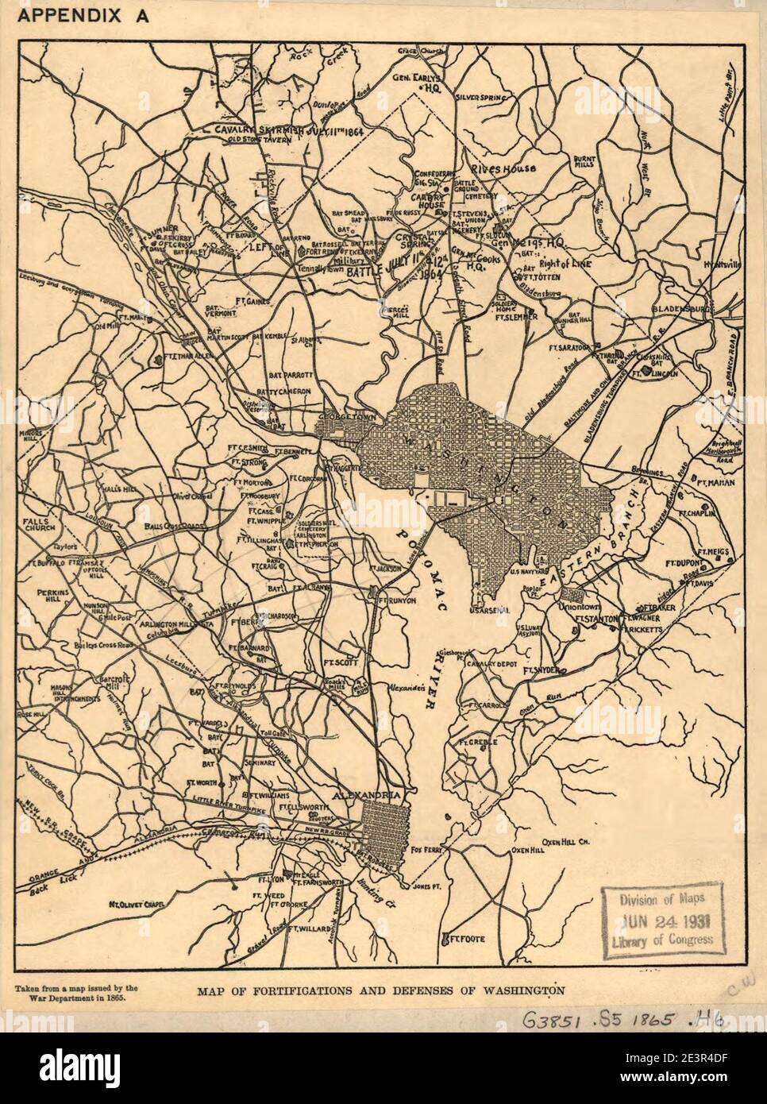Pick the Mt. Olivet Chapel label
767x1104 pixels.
(x=144, y=904)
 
